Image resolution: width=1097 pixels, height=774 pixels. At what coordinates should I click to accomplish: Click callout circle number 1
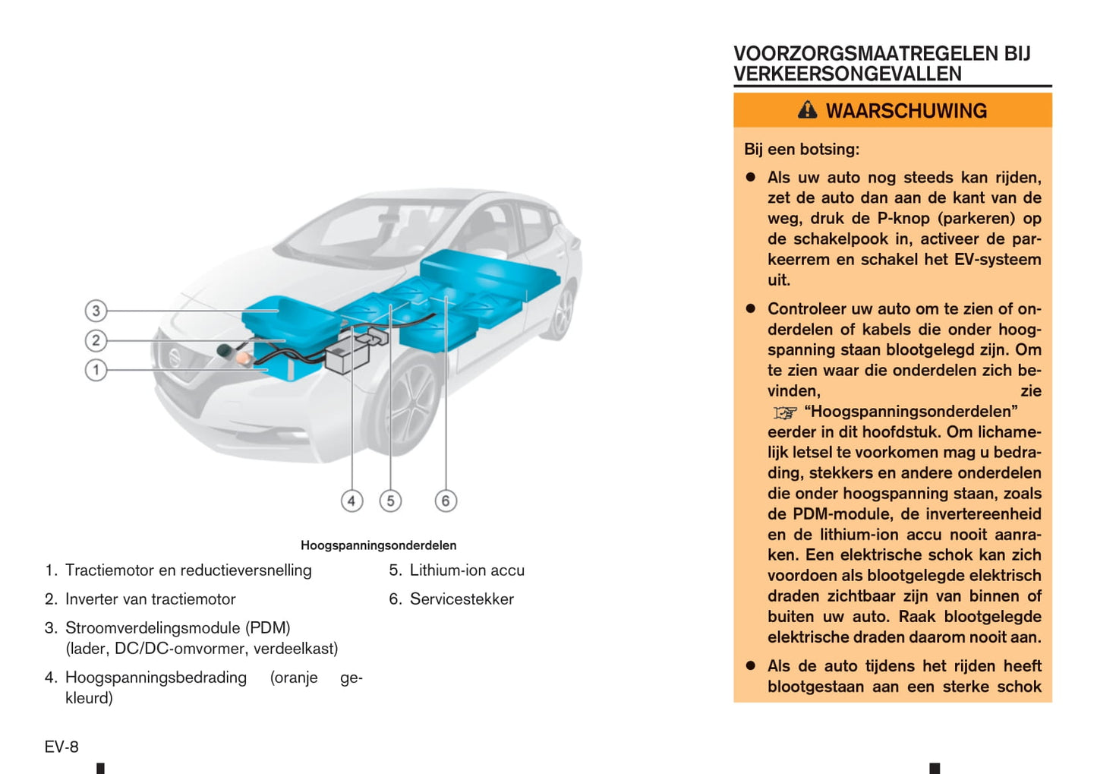click(96, 371)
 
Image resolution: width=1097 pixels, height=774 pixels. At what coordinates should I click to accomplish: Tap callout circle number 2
click(96, 340)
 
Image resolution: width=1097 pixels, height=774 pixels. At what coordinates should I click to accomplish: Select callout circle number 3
click(96, 311)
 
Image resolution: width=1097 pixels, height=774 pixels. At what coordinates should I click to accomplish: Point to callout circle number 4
click(351, 501)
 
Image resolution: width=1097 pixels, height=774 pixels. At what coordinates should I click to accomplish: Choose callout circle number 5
click(390, 501)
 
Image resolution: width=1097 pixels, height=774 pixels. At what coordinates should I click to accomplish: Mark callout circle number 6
click(446, 501)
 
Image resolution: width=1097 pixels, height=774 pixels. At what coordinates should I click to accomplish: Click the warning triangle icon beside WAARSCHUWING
click(807, 110)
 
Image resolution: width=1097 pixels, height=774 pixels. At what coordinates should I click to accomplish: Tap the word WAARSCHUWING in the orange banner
click(906, 111)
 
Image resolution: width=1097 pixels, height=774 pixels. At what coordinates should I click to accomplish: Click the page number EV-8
click(61, 747)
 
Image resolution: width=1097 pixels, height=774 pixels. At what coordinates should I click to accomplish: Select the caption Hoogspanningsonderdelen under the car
click(378, 545)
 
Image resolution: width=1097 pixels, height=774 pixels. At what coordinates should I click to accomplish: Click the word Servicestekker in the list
click(462, 599)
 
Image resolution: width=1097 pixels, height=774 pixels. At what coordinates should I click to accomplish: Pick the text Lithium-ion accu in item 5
click(467, 570)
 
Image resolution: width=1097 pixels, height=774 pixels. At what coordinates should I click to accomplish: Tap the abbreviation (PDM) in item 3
click(267, 628)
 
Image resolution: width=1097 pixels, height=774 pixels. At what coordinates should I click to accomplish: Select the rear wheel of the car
click(563, 311)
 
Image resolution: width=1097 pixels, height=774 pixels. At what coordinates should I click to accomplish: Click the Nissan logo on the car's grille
click(175, 357)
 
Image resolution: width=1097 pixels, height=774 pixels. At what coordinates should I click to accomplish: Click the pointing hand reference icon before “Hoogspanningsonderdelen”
click(784, 412)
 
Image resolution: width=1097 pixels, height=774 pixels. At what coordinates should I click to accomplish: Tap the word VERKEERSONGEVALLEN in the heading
click(847, 74)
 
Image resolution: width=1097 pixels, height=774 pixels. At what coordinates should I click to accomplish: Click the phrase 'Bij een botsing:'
click(802, 150)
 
